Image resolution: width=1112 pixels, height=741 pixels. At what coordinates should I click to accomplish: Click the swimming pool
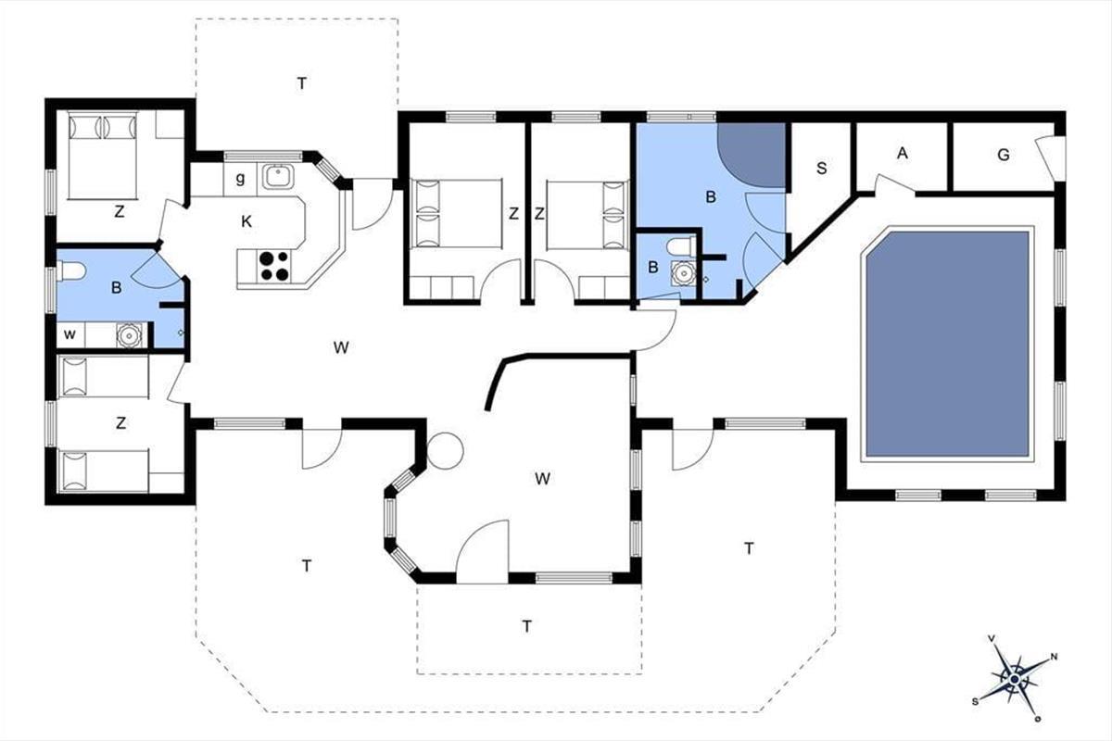pos(947,344)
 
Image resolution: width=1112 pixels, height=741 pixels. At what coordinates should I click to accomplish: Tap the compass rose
pos(1015,679)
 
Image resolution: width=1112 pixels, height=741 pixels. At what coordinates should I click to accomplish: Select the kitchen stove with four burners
pos(274,266)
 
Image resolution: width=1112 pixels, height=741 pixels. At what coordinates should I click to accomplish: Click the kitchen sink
pos(279,176)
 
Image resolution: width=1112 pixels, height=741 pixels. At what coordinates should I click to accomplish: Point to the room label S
pos(822,169)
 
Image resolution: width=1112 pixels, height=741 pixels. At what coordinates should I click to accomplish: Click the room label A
pos(903,154)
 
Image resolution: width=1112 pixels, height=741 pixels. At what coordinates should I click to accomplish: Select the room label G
pos(1004,156)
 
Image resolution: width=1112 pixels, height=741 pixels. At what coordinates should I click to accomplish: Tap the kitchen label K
pos(246,222)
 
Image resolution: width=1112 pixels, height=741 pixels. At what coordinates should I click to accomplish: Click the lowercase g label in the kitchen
pos(240,178)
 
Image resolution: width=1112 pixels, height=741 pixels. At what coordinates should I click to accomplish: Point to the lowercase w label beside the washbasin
pos(70,334)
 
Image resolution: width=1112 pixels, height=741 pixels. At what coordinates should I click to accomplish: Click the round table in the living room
pos(446,451)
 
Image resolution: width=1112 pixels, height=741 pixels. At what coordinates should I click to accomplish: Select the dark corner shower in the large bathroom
pos(752,154)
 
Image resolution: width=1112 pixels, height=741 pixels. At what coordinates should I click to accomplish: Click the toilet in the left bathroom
pos(71,271)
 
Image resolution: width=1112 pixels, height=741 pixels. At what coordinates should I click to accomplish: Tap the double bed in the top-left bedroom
pos(102,156)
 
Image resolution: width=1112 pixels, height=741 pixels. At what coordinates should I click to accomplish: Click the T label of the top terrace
pos(301,83)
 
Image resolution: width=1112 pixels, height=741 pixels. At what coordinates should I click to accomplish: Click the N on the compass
pos(1055,657)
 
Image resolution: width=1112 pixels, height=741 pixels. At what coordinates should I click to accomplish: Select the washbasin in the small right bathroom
pos(684,272)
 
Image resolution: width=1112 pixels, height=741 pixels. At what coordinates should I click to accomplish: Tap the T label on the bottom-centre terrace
pos(526,626)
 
